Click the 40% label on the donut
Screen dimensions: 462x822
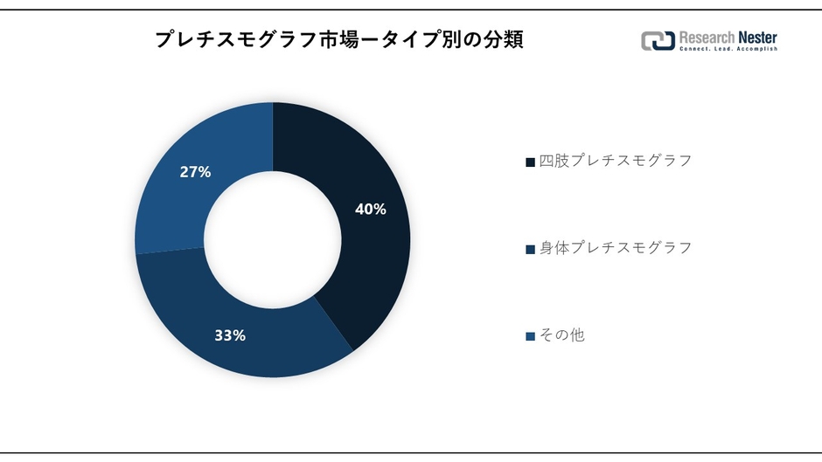pos(370,210)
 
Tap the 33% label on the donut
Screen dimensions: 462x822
pos(230,334)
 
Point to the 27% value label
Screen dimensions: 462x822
pos(195,172)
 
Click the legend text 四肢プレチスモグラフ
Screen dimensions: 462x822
pos(615,161)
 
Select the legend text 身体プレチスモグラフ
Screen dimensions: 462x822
pos(615,247)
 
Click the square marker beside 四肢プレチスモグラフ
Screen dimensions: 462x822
pos(530,162)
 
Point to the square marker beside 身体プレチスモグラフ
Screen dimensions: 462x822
pos(530,249)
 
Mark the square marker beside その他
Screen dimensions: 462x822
pos(530,336)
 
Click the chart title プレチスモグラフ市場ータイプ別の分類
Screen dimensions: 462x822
pos(339,40)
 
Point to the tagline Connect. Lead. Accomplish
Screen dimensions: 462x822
pos(728,50)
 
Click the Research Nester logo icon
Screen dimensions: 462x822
pos(658,41)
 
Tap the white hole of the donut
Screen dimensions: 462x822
pos(273,239)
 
